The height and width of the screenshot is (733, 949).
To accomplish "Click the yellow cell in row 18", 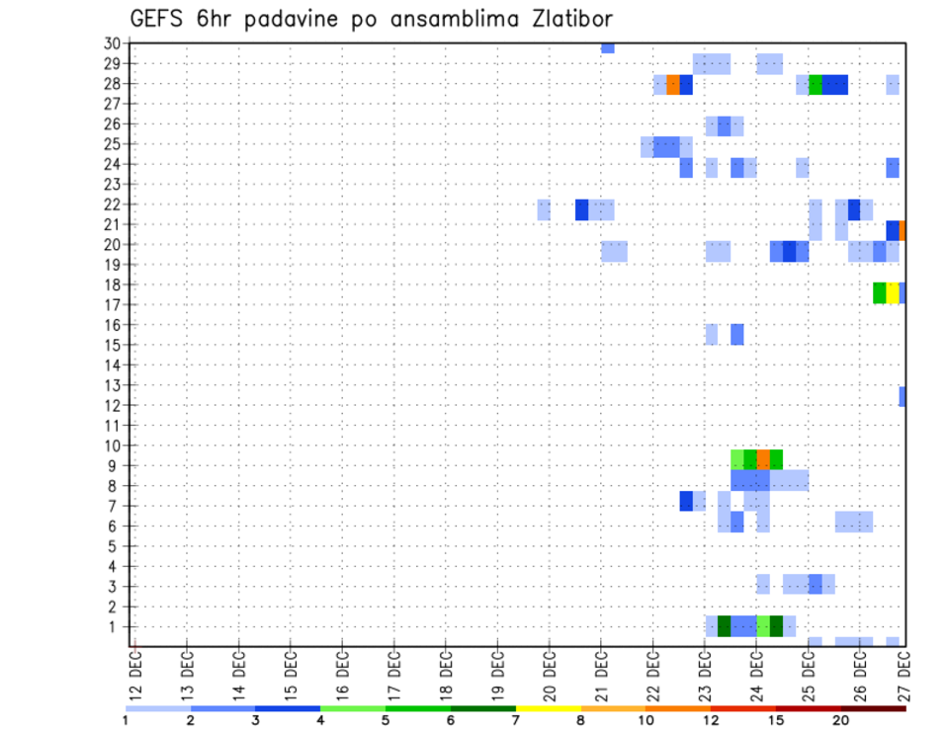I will pos(893,292).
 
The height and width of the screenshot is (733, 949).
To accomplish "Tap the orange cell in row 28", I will pos(673,85).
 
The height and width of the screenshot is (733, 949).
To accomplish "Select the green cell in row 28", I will pos(816,85).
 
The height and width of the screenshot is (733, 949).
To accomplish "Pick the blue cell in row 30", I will pos(608,48).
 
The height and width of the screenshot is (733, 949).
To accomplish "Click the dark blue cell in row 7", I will pos(686,501).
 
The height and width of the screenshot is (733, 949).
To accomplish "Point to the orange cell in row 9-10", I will pos(763,458).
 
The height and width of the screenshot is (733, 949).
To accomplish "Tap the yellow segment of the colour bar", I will pos(549,708).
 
